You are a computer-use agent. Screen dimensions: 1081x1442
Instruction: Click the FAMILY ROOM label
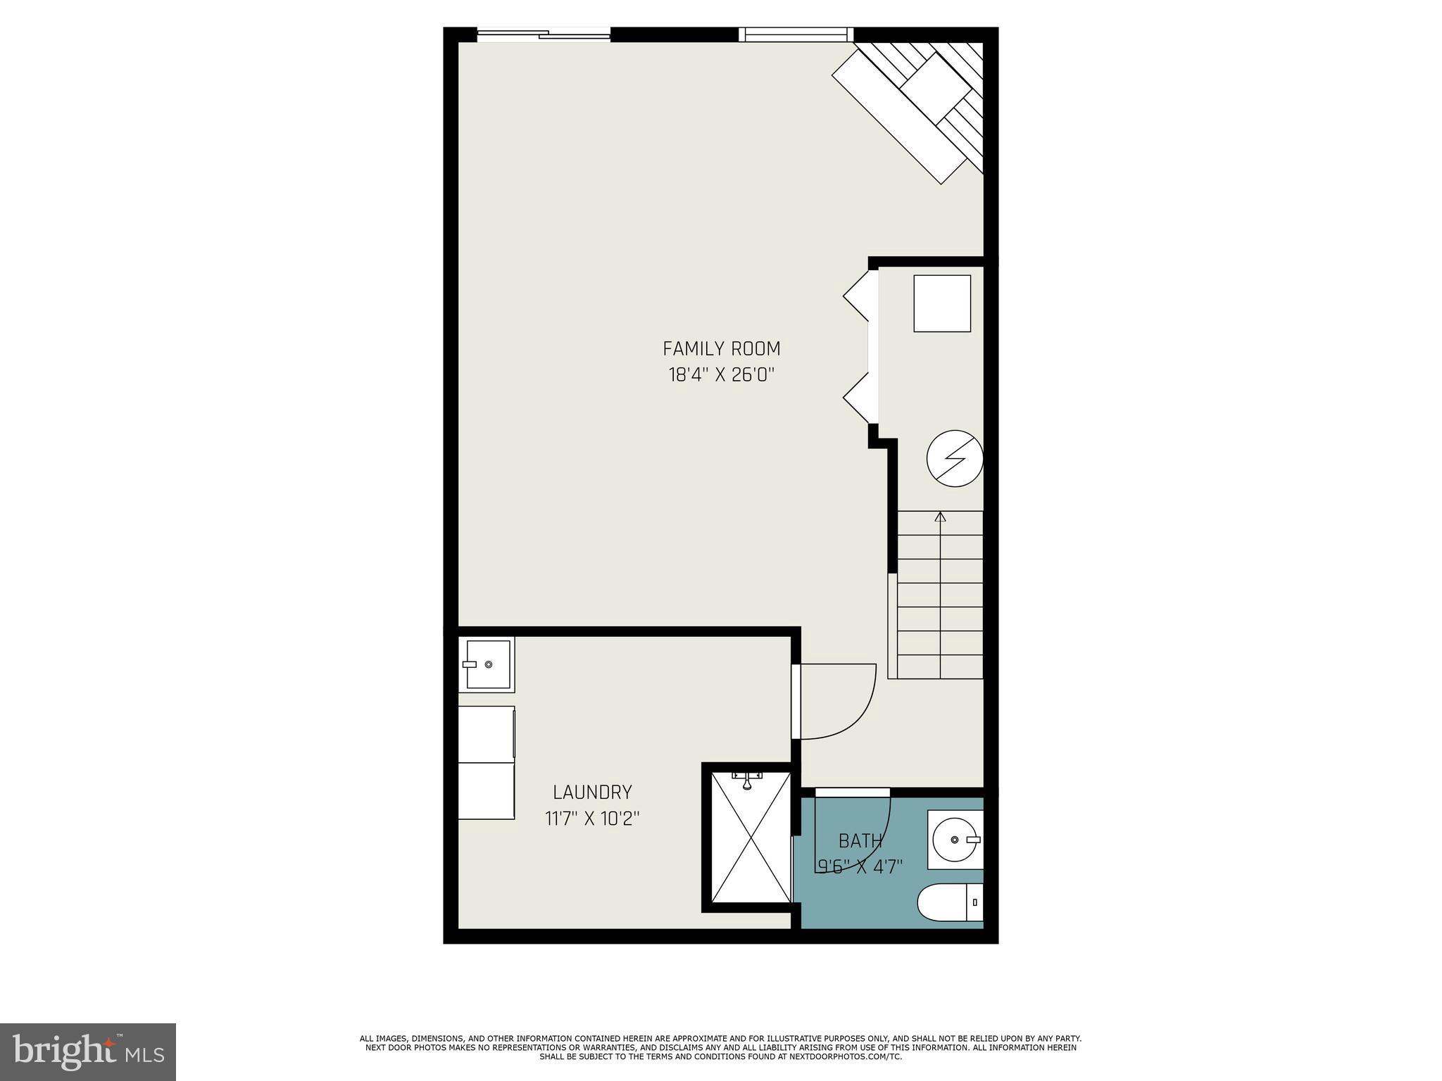tap(721, 348)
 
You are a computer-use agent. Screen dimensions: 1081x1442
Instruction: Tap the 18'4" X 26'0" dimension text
tap(721, 374)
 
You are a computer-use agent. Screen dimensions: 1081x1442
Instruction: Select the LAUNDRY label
tap(592, 792)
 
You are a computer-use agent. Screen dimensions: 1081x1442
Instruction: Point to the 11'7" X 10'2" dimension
tap(592, 818)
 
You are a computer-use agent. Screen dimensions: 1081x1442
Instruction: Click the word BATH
tap(860, 840)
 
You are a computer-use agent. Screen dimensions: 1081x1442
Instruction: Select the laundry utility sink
tap(487, 664)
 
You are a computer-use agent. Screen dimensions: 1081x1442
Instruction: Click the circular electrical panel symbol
tap(954, 459)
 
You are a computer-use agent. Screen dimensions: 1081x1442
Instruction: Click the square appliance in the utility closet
tap(942, 303)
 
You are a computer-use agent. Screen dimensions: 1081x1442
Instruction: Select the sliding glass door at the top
tap(544, 34)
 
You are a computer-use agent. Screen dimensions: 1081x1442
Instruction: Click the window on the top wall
tap(796, 34)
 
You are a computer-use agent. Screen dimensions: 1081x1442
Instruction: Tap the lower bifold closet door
tap(858, 398)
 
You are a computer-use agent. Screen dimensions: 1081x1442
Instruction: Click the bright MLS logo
tap(88, 1051)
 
